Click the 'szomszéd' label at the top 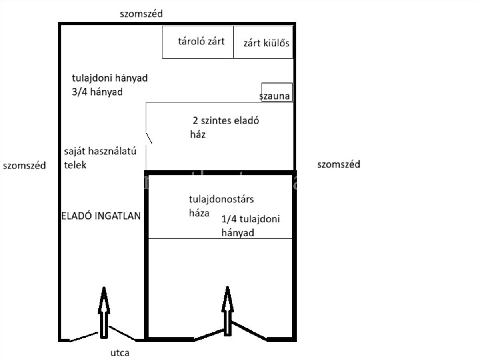[141, 14]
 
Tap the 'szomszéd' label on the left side [24, 166]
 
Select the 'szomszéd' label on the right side [338, 164]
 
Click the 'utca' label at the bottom [120, 353]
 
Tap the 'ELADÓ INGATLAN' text [101, 216]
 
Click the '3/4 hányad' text [97, 92]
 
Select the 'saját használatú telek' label [100, 158]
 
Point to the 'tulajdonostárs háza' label [221, 206]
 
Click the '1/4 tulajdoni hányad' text [250, 226]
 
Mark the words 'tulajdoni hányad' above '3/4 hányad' [110, 78]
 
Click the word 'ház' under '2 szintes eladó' [198, 134]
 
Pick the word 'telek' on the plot [75, 165]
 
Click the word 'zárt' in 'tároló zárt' [215, 41]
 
